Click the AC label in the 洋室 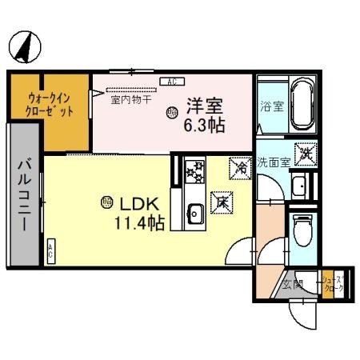(x=172, y=82)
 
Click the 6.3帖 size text (x=205, y=125)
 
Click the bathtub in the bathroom (x=302, y=103)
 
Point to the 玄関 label (x=291, y=283)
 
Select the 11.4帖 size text (x=140, y=224)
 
